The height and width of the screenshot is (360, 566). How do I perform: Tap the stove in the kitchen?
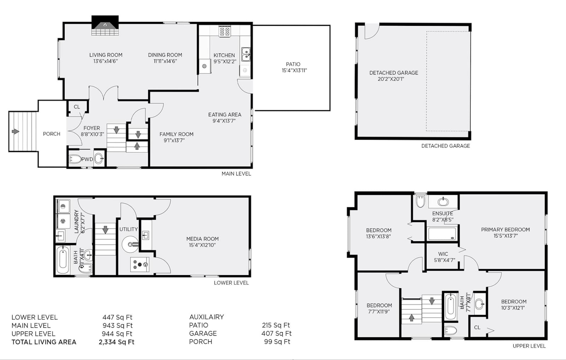tap(225, 31)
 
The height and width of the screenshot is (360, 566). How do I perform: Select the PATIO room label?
tap(293, 64)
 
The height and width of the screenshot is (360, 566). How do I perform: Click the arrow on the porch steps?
tap(16, 131)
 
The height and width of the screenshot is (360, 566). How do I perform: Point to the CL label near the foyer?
tap(77, 107)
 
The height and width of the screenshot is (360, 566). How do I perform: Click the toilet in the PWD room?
tap(75, 159)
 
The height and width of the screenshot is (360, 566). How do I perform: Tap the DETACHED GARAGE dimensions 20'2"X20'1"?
tap(391, 79)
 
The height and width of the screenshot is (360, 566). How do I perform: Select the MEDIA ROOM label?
tap(202, 239)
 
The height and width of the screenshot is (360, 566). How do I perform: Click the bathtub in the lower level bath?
tap(62, 260)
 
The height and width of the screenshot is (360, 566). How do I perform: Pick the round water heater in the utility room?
tap(131, 244)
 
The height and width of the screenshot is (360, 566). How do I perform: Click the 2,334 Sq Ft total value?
tap(116, 342)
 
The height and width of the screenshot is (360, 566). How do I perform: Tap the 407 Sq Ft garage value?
tap(276, 333)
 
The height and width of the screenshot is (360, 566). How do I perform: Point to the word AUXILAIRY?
tap(207, 317)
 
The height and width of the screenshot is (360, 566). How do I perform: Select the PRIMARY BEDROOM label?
tap(506, 230)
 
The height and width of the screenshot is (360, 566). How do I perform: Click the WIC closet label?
tap(443, 254)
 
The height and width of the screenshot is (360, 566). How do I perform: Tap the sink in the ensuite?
tap(443, 202)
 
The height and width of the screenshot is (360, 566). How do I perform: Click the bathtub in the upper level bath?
tap(451, 307)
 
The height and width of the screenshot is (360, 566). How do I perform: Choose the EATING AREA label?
tap(225, 115)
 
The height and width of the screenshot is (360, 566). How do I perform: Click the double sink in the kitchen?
tap(246, 54)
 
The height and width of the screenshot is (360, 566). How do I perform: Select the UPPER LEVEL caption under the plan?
tap(529, 346)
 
